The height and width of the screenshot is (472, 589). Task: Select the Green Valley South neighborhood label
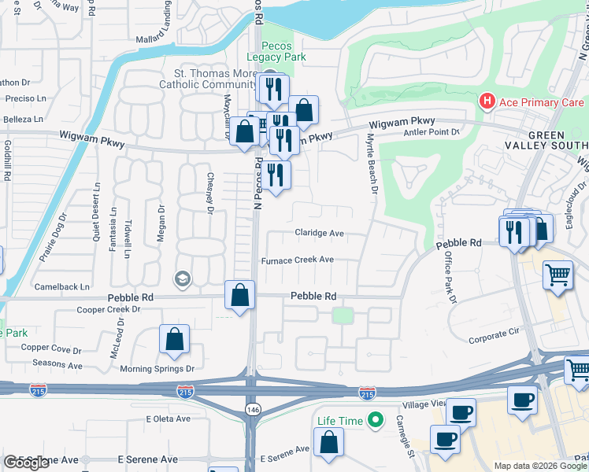(558, 140)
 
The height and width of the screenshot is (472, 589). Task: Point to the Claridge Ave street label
(320, 233)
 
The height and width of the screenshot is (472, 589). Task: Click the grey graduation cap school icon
(183, 279)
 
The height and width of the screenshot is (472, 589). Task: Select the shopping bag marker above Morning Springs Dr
(175, 339)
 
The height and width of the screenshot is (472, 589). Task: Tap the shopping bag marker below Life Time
(328, 442)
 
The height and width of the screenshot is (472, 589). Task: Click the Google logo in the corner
(27, 463)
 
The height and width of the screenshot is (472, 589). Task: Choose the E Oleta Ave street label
(168, 419)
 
